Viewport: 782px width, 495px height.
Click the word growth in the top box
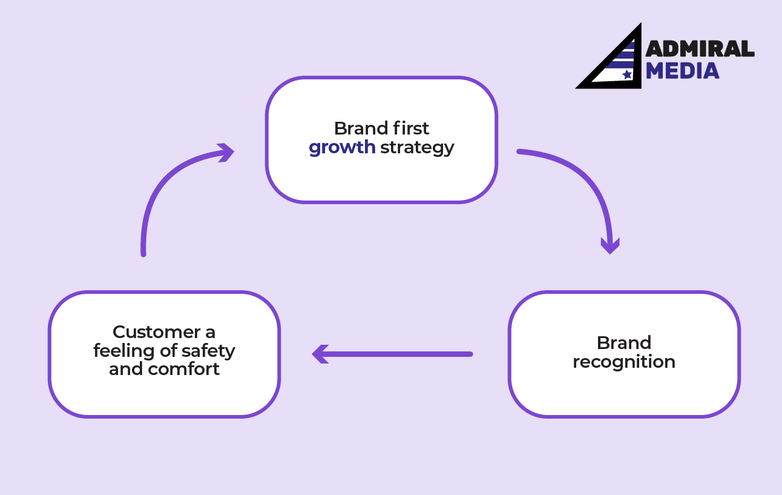(342, 148)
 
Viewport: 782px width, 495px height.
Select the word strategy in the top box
(417, 148)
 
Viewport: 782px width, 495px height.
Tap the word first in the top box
(409, 128)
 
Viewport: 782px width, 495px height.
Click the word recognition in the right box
(623, 362)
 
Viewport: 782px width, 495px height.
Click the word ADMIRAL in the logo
(700, 50)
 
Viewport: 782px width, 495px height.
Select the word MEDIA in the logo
(682, 71)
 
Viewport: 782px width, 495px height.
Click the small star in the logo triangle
(626, 75)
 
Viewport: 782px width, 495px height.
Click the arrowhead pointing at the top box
(226, 153)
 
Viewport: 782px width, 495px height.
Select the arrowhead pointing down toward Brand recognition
(609, 245)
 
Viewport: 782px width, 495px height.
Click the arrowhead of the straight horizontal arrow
(320, 354)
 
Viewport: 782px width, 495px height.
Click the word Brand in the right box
(623, 343)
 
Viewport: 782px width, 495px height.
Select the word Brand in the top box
(361, 128)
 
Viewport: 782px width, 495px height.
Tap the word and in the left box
(125, 370)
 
